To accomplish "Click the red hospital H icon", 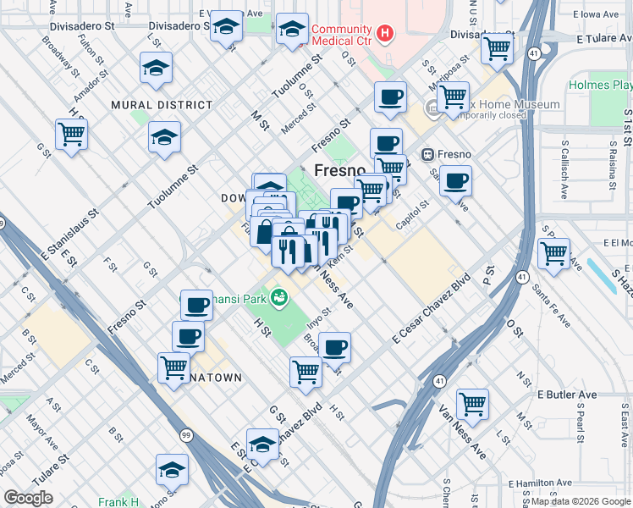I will pyautogui.click(x=386, y=34).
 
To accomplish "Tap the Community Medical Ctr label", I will pyautogui.click(x=343, y=34).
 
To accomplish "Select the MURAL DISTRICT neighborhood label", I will pyautogui.click(x=162, y=105).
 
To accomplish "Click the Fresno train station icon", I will pyautogui.click(x=427, y=155).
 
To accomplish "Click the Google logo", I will pyautogui.click(x=29, y=498).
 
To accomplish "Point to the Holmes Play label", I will pyautogui.click(x=600, y=86).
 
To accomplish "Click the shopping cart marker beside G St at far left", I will pyautogui.click(x=71, y=133).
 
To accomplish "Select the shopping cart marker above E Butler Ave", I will pyautogui.click(x=471, y=402).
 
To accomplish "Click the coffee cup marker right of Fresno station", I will pyautogui.click(x=455, y=179).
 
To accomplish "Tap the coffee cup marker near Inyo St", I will pyautogui.click(x=334, y=345).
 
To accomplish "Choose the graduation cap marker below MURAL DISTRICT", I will pyautogui.click(x=164, y=136).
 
